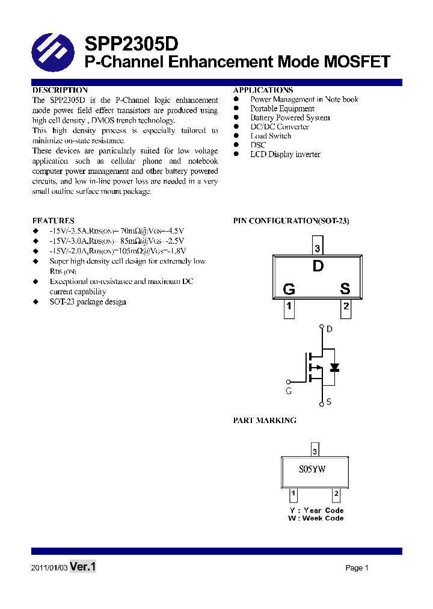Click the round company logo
[53, 52]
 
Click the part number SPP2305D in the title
[131, 44]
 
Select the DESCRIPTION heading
[60, 90]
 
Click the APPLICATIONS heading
[263, 90]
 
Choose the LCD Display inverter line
[285, 155]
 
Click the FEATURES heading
[54, 221]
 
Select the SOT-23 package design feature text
[88, 301]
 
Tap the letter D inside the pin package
[318, 266]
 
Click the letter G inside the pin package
[289, 289]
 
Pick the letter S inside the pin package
[345, 289]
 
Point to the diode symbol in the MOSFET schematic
[334, 367]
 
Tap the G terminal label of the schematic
[289, 391]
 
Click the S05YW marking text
[313, 470]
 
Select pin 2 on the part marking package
[336, 495]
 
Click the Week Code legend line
[316, 518]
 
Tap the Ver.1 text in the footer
[83, 567]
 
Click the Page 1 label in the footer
[357, 568]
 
